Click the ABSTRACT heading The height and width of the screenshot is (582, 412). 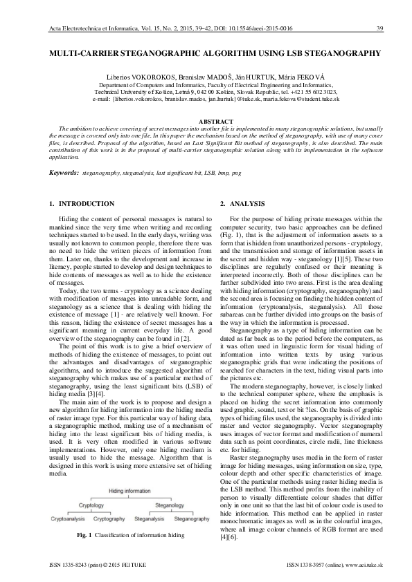206,122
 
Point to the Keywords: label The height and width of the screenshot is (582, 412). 62,171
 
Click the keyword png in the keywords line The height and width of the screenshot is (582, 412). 236,171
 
